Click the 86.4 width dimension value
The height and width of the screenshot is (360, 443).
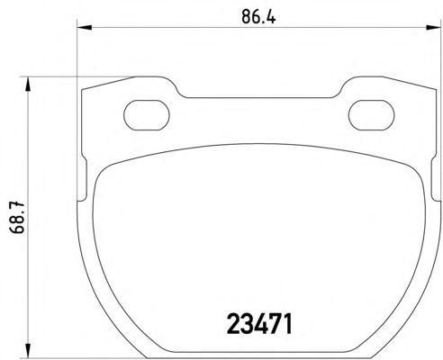(258, 17)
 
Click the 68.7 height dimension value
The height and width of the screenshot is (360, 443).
(17, 218)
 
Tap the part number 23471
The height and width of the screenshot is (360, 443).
(259, 324)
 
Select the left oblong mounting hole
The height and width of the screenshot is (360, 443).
(147, 115)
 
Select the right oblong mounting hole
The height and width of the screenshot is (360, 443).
(371, 115)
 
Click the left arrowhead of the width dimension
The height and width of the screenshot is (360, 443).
(85, 28)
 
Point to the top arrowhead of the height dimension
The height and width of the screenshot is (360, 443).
(28, 84)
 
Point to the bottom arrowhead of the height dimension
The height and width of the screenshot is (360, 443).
(28, 350)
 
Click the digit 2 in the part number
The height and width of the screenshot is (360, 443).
(233, 324)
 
